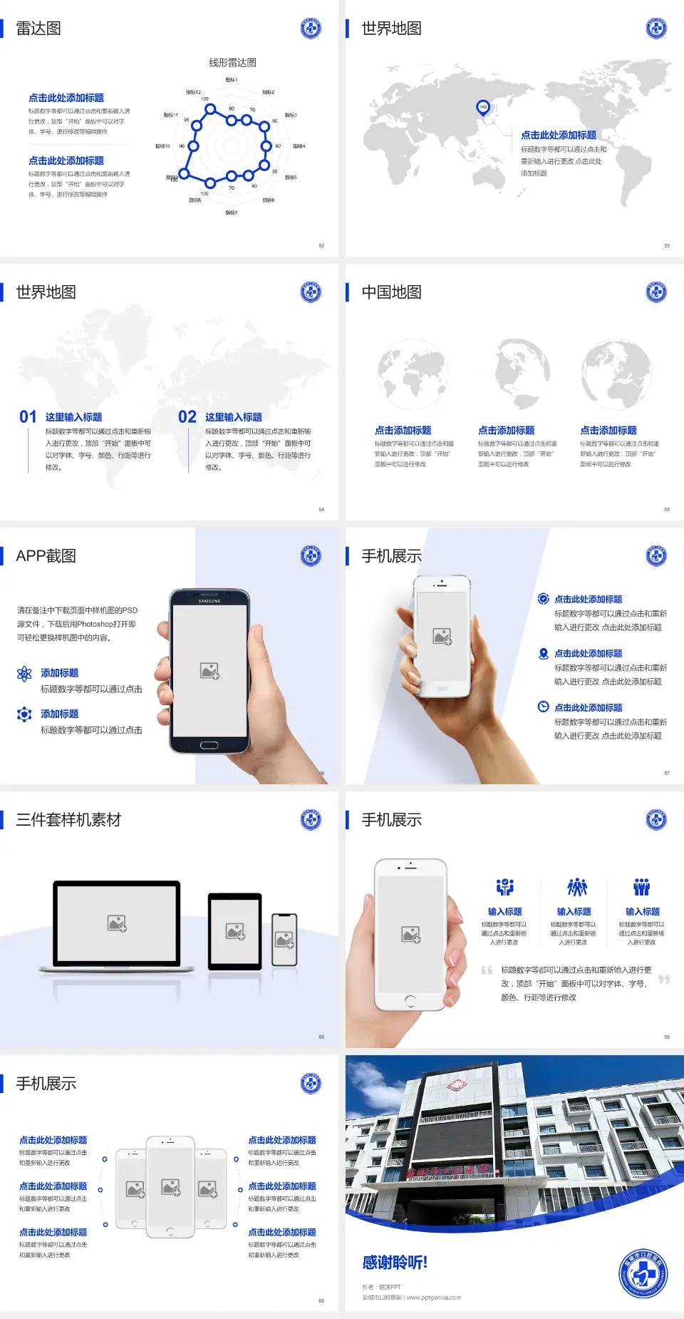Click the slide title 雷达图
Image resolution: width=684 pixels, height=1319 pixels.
point(38,29)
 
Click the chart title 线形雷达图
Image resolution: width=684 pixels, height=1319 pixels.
point(232,63)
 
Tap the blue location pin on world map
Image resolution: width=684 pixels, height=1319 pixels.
point(483,108)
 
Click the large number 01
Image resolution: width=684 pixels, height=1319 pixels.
point(28,417)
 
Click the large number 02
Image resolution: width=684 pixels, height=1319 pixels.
point(187,417)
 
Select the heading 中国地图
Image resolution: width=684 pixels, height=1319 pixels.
point(391,292)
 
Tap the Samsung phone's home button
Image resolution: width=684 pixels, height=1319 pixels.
point(209,745)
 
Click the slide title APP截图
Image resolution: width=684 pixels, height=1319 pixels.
point(46,556)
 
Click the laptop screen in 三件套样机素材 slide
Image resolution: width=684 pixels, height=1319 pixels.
point(117,923)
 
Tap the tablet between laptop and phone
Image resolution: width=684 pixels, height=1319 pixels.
point(235,930)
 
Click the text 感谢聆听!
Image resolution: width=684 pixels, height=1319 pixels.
point(395,1263)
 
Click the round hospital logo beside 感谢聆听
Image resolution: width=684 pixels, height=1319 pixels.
point(643,1274)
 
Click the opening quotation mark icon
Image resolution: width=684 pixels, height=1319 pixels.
point(487,970)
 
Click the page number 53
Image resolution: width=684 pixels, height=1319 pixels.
point(667,245)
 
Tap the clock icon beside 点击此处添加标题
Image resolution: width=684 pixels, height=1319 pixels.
point(543,707)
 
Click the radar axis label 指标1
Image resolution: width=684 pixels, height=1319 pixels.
point(232,80)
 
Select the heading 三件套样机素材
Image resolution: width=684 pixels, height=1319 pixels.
point(68,820)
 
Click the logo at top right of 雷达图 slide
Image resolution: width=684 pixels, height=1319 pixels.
point(311,29)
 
